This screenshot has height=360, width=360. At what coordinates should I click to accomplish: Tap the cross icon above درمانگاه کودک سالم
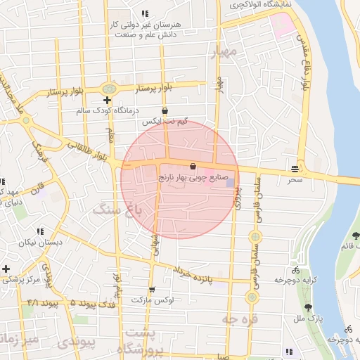point(106,101)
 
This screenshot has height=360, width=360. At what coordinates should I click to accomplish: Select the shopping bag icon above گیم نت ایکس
point(165,110)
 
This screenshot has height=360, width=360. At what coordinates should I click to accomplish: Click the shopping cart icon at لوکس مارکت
point(152,290)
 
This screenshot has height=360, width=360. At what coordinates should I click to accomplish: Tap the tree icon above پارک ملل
point(309,307)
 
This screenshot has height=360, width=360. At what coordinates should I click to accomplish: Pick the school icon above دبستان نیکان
point(40,231)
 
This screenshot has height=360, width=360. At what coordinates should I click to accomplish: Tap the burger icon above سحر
point(294,168)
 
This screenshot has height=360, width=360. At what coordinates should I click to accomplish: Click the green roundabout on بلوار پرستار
point(108,89)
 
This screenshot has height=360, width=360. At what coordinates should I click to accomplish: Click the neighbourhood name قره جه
point(240,320)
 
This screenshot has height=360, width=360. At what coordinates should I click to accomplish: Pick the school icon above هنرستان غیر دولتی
point(145,13)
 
